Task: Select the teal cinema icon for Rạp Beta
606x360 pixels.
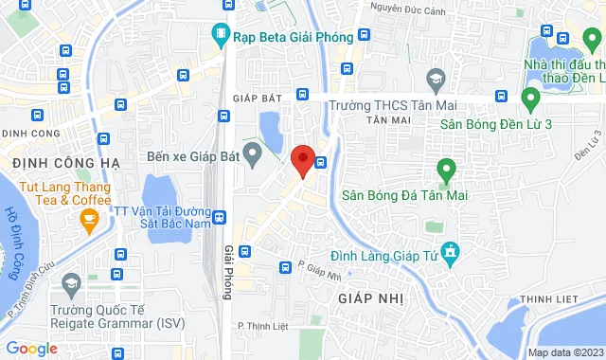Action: click(220, 36)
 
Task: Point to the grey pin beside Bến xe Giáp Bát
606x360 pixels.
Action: click(253, 153)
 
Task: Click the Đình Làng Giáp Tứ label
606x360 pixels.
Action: click(383, 255)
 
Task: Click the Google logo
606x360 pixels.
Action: click(31, 349)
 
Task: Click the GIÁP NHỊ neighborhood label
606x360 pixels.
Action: click(370, 297)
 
